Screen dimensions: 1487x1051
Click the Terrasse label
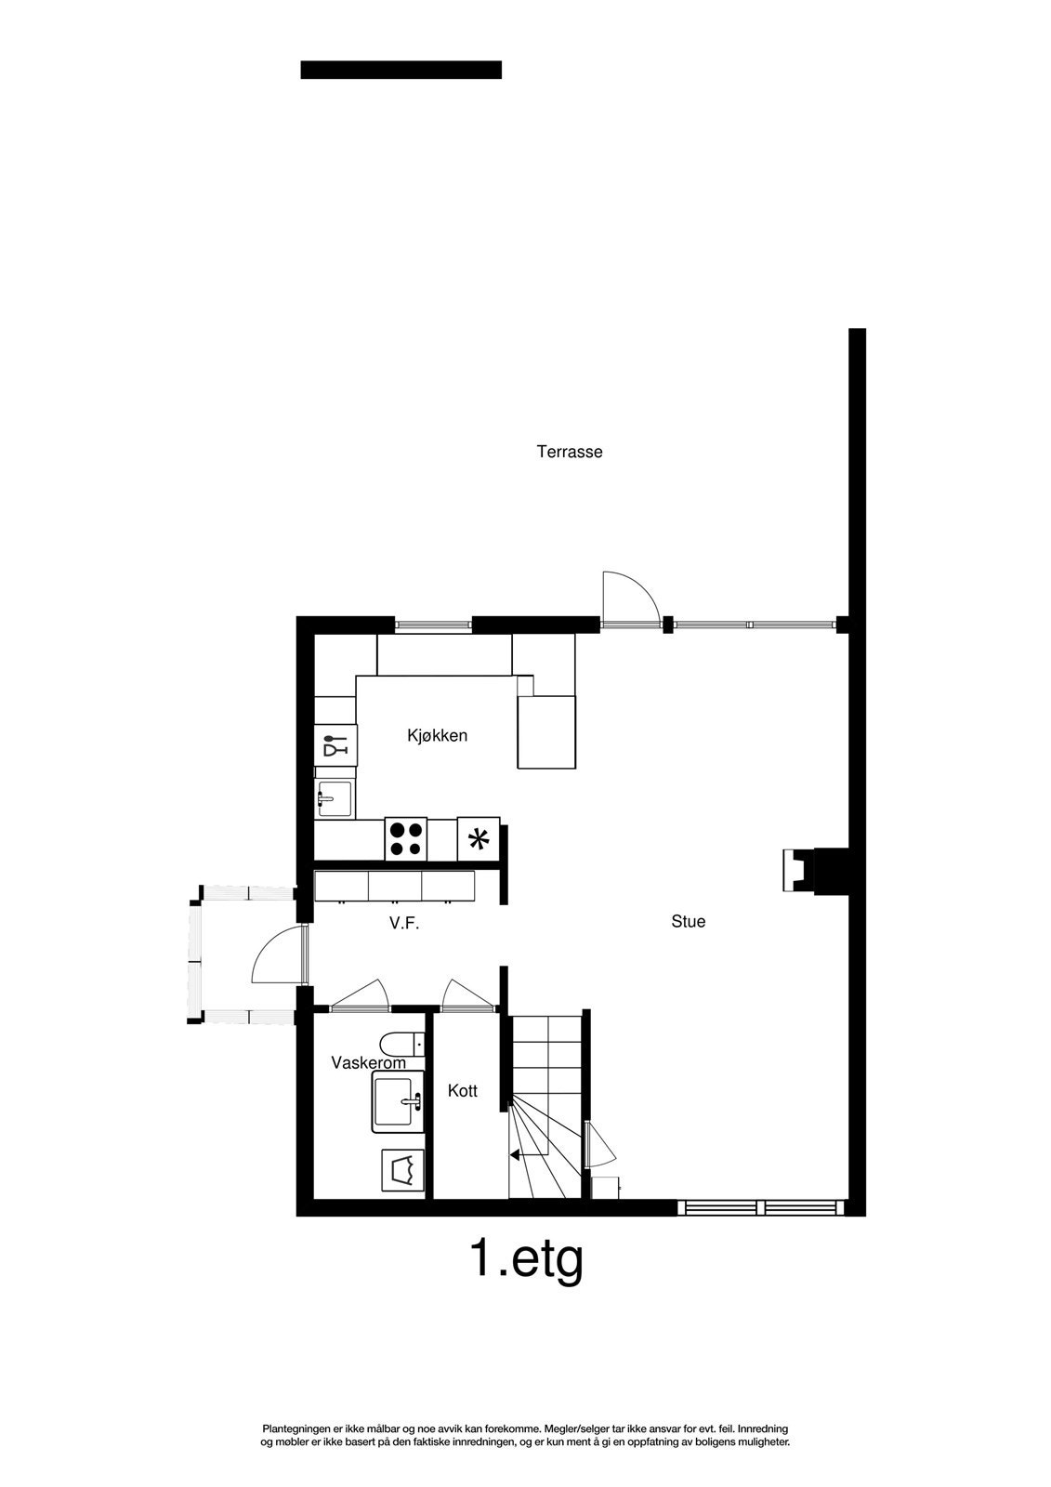pyautogui.click(x=570, y=453)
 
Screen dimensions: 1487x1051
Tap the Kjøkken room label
pyautogui.click(x=437, y=736)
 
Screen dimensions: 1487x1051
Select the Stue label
pyautogui.click(x=689, y=922)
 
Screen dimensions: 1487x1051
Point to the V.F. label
pyautogui.click(x=405, y=925)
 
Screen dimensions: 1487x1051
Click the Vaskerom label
pyautogui.click(x=368, y=1063)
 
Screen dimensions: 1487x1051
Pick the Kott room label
pyautogui.click(x=462, y=1091)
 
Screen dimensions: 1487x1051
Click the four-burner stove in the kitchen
pyautogui.click(x=406, y=840)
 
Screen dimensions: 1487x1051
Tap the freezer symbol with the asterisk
pyautogui.click(x=479, y=840)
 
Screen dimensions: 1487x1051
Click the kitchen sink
pyautogui.click(x=335, y=798)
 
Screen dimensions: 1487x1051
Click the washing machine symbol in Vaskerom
pyautogui.click(x=402, y=1170)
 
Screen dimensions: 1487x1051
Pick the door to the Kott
pyautogui.click(x=466, y=994)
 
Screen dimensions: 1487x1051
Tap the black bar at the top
pyautogui.click(x=401, y=70)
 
